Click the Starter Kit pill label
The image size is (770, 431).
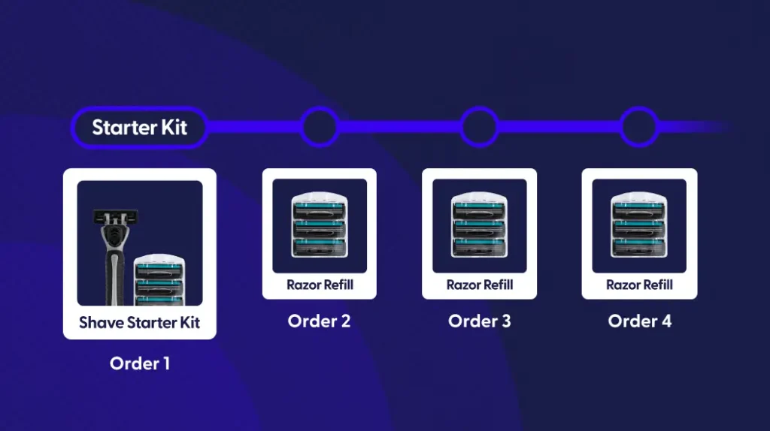tap(139, 128)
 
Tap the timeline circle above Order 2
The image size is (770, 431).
tap(320, 127)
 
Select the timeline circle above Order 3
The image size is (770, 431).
tap(479, 127)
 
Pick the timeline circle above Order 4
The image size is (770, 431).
tap(638, 127)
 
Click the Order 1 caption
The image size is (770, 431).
tap(139, 363)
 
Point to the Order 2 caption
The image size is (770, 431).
tap(319, 321)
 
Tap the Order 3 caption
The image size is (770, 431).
tap(479, 321)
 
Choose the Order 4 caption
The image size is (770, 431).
tap(639, 321)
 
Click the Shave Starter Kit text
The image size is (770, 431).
tap(139, 324)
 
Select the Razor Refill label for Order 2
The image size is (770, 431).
tap(320, 285)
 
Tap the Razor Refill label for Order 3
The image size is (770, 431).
tap(479, 285)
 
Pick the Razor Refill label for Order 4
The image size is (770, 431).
tap(639, 285)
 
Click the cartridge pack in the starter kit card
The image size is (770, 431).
tap(158, 279)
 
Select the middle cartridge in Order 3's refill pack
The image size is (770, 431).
tap(479, 226)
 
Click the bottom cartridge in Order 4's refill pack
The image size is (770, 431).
tap(639, 246)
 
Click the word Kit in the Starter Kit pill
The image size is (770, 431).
tap(174, 128)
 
